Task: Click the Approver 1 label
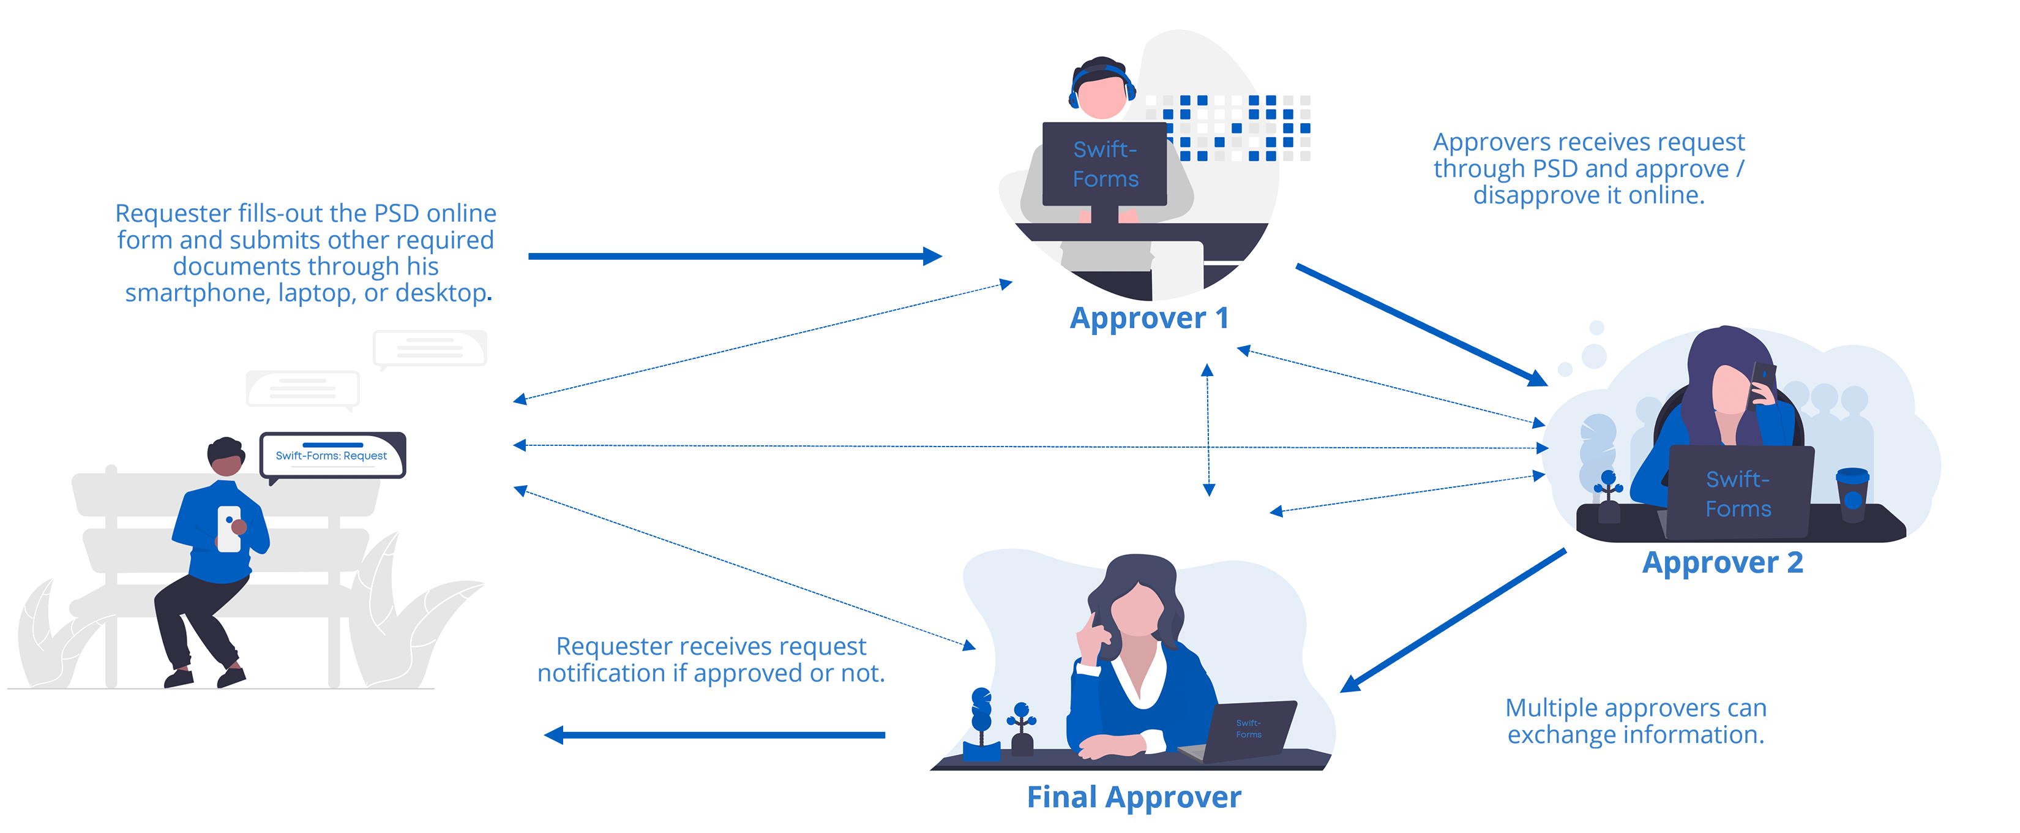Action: (x=1149, y=318)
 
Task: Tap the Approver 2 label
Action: (x=1723, y=563)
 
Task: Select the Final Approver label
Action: (x=1134, y=797)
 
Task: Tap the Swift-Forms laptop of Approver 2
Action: (x=1738, y=493)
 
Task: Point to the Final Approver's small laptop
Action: (x=1248, y=730)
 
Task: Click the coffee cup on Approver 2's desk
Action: (x=1852, y=495)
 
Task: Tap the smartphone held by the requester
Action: (x=228, y=528)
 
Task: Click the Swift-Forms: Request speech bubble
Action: (x=332, y=455)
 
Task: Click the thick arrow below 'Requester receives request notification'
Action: (x=714, y=735)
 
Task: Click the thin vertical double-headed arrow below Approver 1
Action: (x=1208, y=430)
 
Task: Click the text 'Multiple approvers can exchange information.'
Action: (x=1636, y=722)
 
